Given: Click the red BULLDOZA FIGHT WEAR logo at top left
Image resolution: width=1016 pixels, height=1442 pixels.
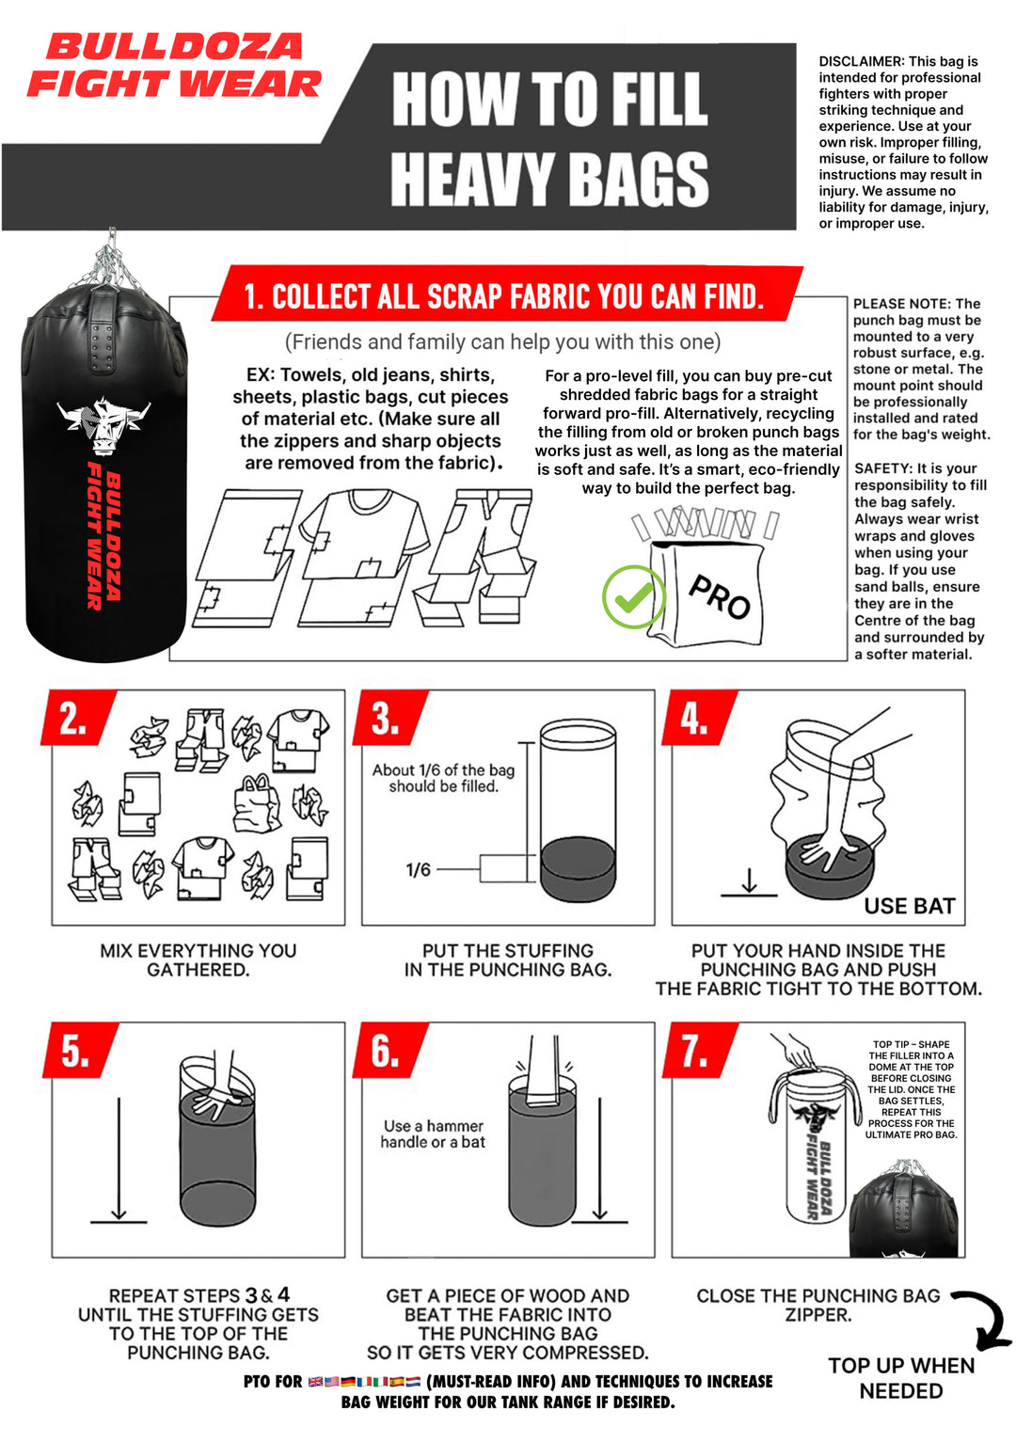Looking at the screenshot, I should [x=174, y=66].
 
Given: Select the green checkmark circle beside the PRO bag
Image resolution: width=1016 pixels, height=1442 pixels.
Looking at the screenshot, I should [x=633, y=596].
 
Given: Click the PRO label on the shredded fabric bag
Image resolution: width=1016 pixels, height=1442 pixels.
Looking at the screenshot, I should [x=719, y=596].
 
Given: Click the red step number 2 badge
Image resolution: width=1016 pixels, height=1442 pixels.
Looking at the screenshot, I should [x=75, y=719].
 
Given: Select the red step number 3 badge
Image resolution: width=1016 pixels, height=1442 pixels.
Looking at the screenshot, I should [x=386, y=719].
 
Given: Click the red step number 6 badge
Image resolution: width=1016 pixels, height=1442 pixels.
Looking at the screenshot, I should [x=386, y=1051].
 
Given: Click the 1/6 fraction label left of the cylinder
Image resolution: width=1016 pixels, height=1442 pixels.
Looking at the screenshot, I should [x=419, y=870].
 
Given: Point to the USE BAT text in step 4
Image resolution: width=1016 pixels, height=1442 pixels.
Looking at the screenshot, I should [x=909, y=906].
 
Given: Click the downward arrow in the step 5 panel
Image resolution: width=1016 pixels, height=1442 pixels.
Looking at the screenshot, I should [x=119, y=1157].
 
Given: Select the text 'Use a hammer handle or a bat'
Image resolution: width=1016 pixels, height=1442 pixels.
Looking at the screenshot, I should [x=433, y=1133].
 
